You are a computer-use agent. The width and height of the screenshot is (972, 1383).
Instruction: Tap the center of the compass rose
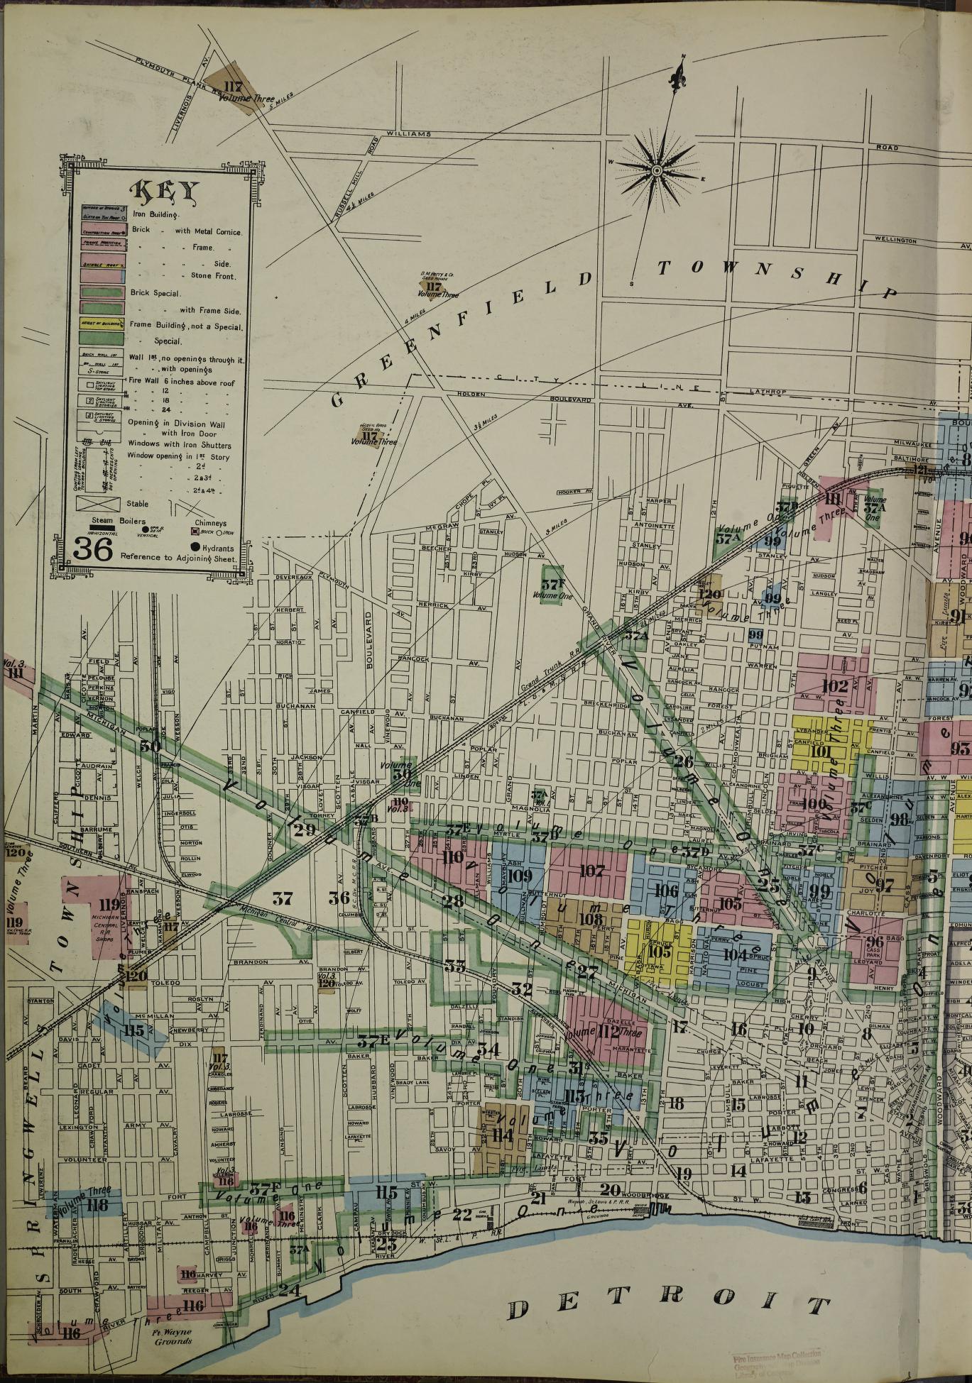657,170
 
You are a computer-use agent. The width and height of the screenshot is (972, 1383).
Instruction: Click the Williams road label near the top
409,133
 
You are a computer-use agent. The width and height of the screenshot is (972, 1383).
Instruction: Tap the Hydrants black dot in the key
195,546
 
